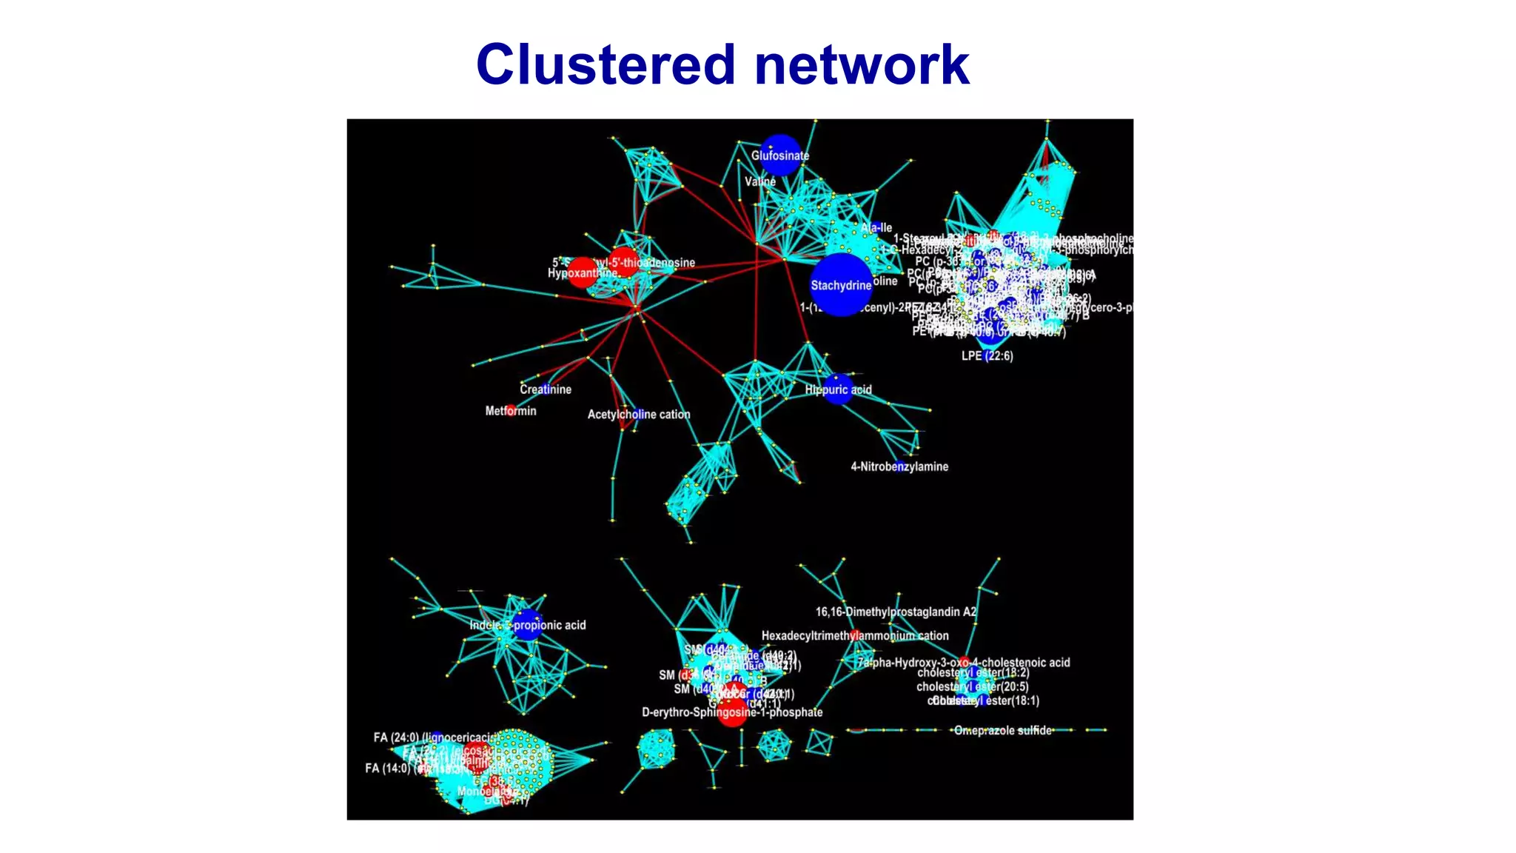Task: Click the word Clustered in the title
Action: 606,64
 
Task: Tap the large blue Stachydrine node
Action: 841,285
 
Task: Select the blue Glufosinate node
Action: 780,155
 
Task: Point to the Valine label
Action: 760,181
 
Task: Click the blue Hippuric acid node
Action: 838,389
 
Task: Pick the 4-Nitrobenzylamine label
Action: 899,466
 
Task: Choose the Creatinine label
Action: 546,389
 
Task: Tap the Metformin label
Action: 511,411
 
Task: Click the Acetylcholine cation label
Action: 639,415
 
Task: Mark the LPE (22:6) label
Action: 987,356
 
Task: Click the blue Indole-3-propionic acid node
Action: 527,625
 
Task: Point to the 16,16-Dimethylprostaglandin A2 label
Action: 896,612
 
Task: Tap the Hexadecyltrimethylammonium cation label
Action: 855,636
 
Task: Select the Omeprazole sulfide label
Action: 1003,731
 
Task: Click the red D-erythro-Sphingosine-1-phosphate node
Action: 732,712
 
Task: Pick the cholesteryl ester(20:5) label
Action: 973,687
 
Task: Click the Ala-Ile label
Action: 877,228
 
